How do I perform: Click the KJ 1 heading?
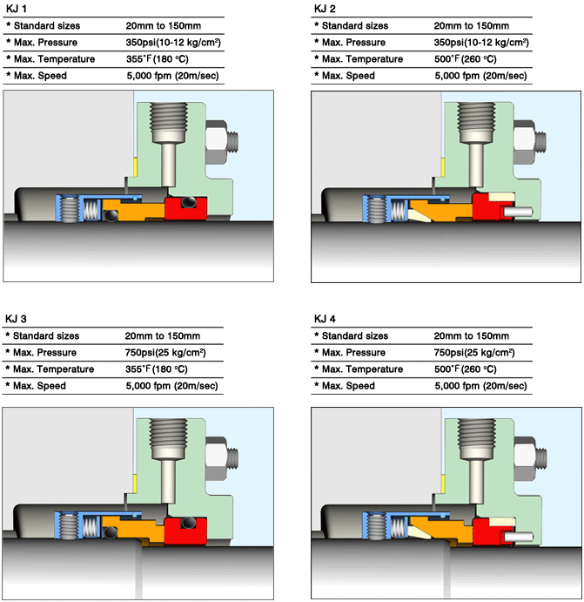tap(17, 9)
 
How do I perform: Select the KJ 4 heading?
tap(325, 319)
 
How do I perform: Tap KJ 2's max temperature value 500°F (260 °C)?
tap(465, 59)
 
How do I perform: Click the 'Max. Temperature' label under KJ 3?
tap(54, 369)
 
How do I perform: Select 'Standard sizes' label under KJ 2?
tap(355, 26)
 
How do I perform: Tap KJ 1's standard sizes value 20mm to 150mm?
tap(164, 26)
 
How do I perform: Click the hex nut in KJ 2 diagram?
tap(524, 141)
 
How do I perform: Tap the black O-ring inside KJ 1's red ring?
tap(189, 202)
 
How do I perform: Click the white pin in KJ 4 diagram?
tap(518, 537)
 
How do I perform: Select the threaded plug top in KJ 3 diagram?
tap(168, 438)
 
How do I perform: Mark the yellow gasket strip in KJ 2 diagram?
tap(443, 168)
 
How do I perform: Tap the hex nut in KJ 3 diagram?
tap(217, 458)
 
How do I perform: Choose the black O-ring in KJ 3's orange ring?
tap(111, 532)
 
